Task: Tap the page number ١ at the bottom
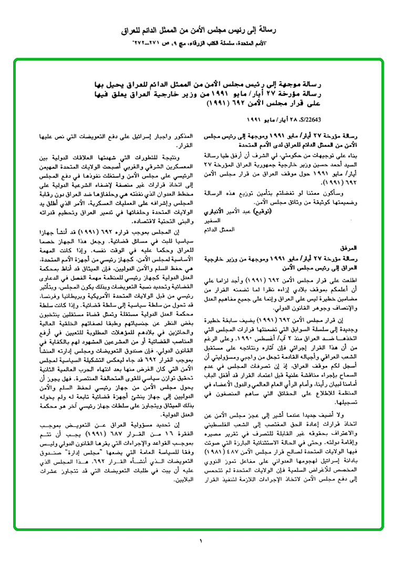(200, 540)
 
